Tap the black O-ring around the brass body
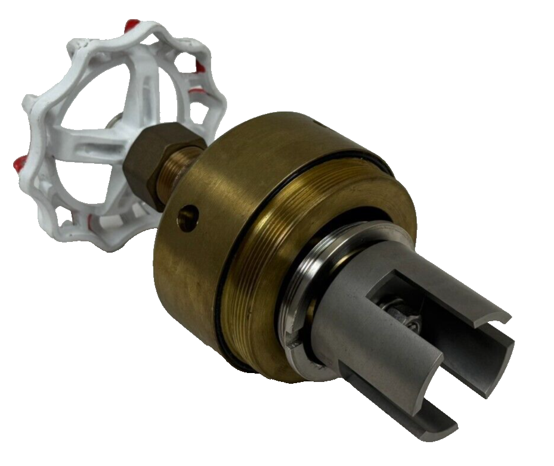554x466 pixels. point(222,310)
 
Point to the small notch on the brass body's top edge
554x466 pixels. point(317,125)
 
